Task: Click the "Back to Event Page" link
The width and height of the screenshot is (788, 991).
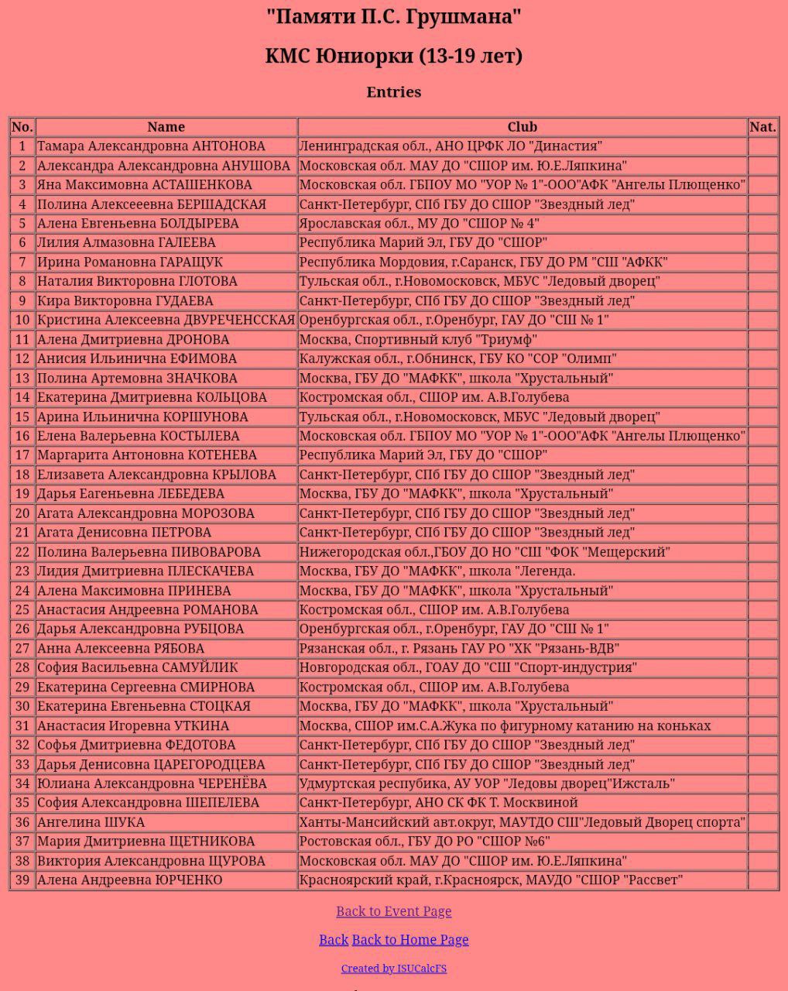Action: point(393,911)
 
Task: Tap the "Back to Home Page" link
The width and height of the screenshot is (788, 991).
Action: point(410,940)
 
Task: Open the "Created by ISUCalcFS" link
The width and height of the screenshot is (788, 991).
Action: point(393,969)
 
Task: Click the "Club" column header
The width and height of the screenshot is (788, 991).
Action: point(522,127)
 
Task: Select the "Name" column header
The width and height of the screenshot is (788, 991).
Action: point(166,127)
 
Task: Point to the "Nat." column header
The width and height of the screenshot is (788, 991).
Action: point(762,127)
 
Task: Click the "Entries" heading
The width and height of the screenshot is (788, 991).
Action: point(393,92)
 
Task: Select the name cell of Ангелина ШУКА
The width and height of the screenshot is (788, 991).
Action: point(91,822)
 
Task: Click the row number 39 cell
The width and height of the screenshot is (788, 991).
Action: point(22,880)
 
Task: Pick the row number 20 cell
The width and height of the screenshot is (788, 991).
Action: point(22,513)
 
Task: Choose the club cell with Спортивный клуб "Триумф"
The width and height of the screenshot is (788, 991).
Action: point(418,339)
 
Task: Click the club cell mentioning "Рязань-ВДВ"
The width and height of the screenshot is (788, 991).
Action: point(459,649)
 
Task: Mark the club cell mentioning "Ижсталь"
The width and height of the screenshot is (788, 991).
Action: point(487,784)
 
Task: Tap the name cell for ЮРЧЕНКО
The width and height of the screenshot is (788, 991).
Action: point(129,880)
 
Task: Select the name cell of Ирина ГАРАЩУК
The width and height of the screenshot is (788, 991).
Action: point(129,262)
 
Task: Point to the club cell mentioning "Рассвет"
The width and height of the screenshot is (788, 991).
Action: point(491,880)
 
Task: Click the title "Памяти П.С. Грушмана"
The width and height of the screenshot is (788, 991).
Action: point(393,16)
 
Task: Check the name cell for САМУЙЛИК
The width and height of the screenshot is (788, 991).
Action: point(138,667)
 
